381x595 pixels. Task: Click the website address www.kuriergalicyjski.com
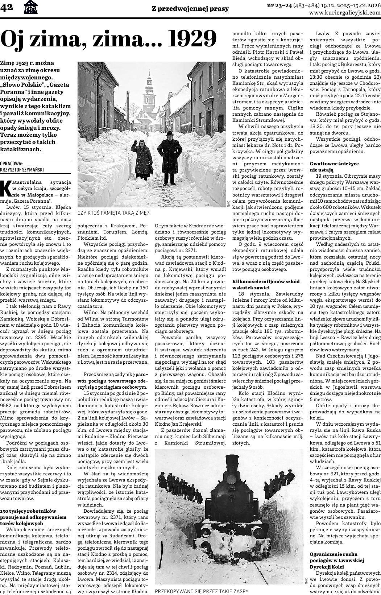(x=345, y=13)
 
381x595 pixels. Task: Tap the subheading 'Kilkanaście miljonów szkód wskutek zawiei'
(x=266, y=284)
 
